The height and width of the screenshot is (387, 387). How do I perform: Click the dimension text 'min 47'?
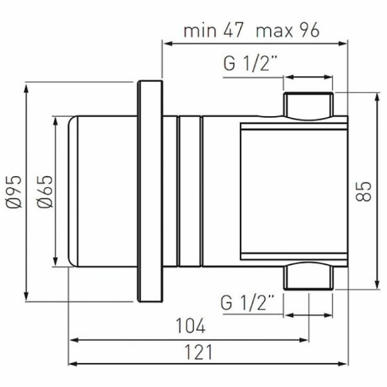213,30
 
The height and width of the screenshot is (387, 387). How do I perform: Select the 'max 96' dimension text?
288,30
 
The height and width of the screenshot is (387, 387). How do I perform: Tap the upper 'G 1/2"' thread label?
250,63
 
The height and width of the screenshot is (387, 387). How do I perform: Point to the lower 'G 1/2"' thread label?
247,303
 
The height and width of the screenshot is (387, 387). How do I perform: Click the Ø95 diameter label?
14,192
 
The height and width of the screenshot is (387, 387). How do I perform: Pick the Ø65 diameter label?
45,192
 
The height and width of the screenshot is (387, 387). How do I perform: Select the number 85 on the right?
363,192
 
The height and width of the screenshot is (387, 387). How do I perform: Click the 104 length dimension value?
190,326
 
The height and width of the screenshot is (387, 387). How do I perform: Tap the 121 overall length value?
198,352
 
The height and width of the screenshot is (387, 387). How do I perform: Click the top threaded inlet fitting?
308,106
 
